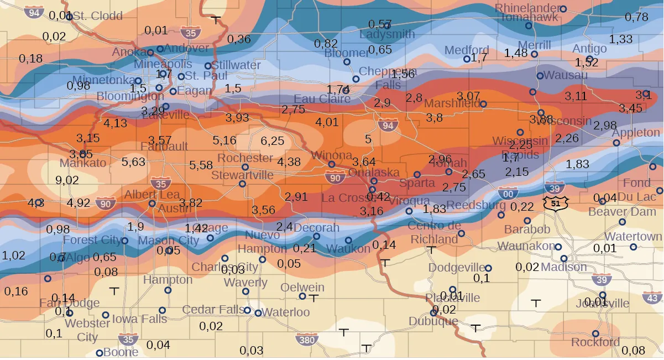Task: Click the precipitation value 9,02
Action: (67, 180)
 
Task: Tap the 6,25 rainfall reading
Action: (272, 141)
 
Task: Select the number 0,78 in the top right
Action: (636, 17)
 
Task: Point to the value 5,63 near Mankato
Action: (133, 162)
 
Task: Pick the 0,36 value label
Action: (239, 39)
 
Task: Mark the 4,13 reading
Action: (116, 123)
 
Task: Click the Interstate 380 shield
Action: (306, 339)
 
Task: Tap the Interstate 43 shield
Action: (653, 298)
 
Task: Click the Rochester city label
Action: (245, 158)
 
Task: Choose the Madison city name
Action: (564, 267)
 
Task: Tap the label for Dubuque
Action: (433, 321)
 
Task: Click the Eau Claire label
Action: (322, 99)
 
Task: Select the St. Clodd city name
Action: (98, 16)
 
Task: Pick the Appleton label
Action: (636, 133)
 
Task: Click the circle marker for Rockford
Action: (595, 334)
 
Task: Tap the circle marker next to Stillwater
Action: (208, 66)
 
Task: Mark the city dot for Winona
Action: (332, 164)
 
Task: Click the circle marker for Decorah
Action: (316, 236)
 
